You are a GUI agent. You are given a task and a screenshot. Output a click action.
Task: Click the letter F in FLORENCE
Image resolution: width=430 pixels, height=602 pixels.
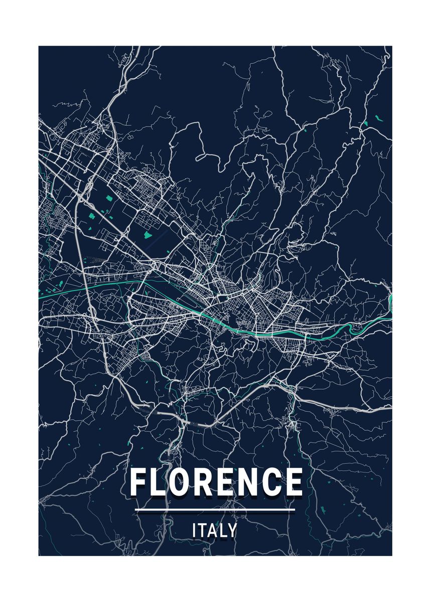[138, 482]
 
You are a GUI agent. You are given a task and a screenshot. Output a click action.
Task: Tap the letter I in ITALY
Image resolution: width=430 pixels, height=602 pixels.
[194, 530]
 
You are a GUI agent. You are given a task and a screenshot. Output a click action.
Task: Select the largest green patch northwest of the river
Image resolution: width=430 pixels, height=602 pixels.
[148, 234]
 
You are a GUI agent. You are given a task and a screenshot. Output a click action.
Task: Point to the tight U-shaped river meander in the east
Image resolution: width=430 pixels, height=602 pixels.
[357, 329]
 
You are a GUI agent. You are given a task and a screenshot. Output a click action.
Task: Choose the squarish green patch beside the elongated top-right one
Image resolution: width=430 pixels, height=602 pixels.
[366, 123]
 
